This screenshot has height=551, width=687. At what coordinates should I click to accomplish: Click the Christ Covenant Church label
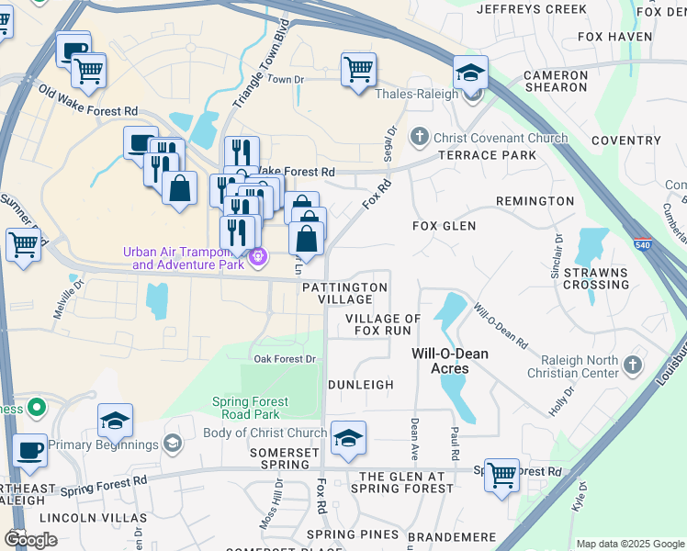coord(501,139)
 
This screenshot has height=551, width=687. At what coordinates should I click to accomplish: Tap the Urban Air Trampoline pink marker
coord(259,258)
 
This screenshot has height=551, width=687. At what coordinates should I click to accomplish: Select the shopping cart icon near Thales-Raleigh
coord(358,70)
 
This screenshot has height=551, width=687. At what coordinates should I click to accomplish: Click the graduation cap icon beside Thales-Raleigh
coord(470,73)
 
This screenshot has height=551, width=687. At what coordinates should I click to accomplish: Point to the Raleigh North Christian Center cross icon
coord(631,365)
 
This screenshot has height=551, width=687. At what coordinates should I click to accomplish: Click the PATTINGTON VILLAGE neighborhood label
coord(344,293)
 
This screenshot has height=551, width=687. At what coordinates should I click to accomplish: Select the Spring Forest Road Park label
coord(250,408)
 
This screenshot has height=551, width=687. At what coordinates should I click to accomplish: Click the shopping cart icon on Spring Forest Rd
coord(501,476)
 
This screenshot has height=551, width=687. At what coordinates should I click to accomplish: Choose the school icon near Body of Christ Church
coord(348,439)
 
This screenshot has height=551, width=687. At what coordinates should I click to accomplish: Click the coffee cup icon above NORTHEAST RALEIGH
coord(30,451)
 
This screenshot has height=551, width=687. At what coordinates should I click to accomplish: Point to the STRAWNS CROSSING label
coord(596,278)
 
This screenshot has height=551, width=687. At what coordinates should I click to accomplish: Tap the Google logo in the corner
coord(31,539)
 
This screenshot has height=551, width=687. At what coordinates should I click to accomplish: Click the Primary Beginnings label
coord(104,444)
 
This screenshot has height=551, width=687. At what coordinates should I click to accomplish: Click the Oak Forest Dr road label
coord(285,359)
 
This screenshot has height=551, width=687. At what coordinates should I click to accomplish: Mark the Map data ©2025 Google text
coord(629,544)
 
